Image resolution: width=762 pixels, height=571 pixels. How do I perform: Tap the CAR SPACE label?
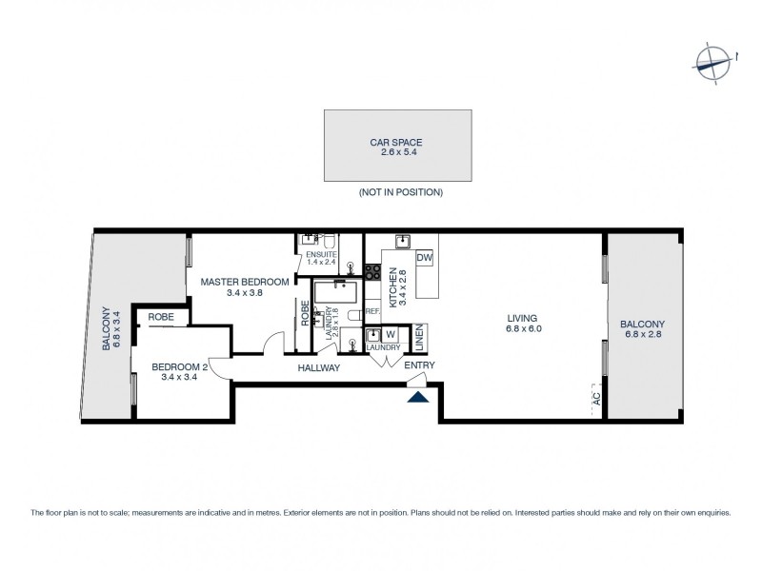[x=395, y=142]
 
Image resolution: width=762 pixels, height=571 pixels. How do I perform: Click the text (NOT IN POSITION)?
[x=400, y=192]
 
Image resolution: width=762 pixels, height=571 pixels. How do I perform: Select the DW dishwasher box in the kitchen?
[x=425, y=258]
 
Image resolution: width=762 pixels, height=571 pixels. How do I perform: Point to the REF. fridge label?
[x=372, y=311]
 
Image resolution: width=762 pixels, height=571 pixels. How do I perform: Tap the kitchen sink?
[x=402, y=240]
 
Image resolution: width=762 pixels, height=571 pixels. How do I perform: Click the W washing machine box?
[x=390, y=335]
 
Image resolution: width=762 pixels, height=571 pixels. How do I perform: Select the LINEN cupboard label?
[x=418, y=338]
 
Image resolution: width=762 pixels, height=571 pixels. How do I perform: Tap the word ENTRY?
[x=419, y=365]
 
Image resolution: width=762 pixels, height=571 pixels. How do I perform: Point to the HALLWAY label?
[x=318, y=367]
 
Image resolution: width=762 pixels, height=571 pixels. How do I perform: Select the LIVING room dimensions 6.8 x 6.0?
[x=522, y=329]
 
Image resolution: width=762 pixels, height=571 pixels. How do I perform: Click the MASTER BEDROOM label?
[x=244, y=282]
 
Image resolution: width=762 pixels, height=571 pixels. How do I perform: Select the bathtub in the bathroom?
[x=335, y=290]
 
